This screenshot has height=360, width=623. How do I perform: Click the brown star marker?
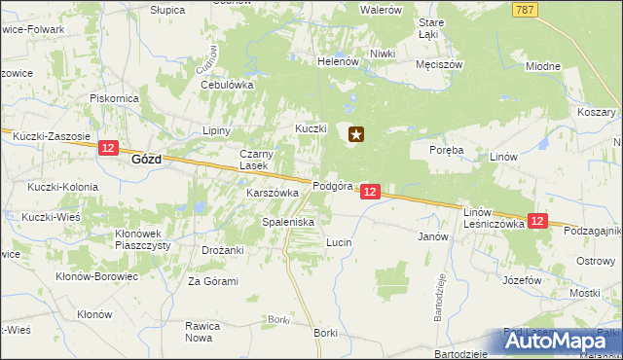coord(356,135)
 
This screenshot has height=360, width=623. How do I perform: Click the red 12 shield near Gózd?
coord(108,147)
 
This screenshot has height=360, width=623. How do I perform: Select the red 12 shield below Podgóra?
coord(370,193)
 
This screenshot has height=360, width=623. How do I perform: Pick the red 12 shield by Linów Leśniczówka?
coord(537,221)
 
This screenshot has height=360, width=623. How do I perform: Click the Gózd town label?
coord(146,161)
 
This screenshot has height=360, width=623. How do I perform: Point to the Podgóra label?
coord(332,186)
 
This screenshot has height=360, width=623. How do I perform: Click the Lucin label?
coord(339,241)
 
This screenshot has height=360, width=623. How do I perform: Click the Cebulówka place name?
coord(227,85)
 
